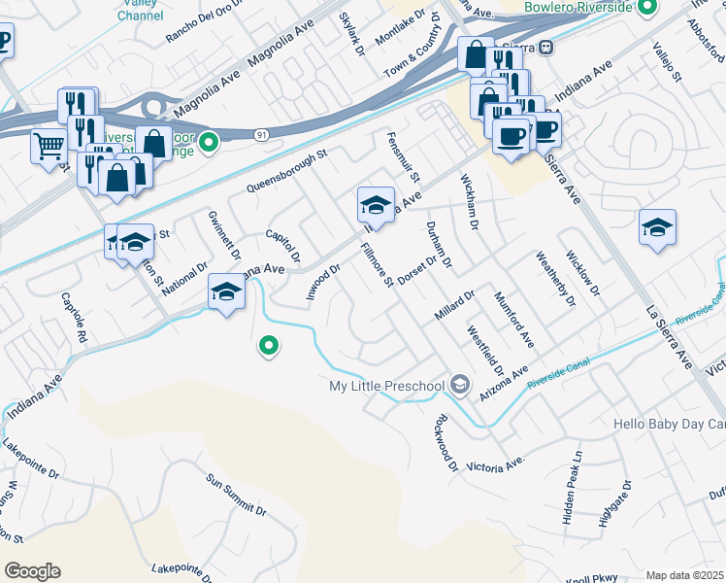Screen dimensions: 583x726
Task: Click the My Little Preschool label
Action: pos(387,387)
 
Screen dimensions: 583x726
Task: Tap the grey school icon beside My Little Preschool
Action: pos(460,387)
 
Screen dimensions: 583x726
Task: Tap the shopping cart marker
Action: pos(49,148)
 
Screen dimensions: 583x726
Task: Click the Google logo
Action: pos(32,570)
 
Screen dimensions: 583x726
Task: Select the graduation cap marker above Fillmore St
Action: pos(376,205)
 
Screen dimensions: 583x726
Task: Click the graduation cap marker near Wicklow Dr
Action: pos(657,227)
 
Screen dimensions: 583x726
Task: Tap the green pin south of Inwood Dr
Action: pos(269,345)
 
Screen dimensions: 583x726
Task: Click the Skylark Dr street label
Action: pos(350,33)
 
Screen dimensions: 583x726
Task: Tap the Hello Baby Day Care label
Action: pos(669,425)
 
